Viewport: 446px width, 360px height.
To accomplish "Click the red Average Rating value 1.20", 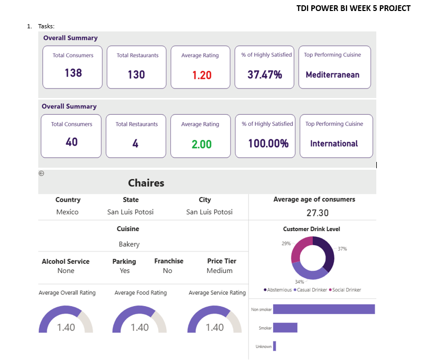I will (202, 75).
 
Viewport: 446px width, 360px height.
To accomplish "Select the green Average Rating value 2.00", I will (201, 144).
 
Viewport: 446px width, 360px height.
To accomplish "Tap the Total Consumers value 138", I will (73, 73).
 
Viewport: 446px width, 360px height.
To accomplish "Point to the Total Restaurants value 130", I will (136, 74).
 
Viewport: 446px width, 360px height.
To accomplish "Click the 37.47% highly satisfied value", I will (265, 74).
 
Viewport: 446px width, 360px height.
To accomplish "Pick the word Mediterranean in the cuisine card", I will (332, 74).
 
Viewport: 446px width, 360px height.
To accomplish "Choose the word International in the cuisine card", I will (334, 144).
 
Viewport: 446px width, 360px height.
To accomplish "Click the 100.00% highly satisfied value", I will (268, 144).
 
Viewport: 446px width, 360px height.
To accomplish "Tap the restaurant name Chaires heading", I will (146, 183).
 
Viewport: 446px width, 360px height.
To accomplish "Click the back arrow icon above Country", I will (42, 173).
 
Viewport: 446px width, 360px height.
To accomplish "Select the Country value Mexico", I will (68, 212).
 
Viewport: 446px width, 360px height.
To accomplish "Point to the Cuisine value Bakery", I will (129, 244).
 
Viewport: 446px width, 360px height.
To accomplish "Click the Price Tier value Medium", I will (220, 271).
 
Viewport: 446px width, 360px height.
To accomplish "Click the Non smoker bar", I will (324, 309).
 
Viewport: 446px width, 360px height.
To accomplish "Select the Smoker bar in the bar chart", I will (285, 328).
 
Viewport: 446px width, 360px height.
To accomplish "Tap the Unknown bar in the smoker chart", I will (275, 346).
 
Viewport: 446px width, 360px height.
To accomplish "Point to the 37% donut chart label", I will (342, 249).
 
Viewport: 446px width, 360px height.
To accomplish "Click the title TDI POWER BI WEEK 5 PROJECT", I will (353, 8).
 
